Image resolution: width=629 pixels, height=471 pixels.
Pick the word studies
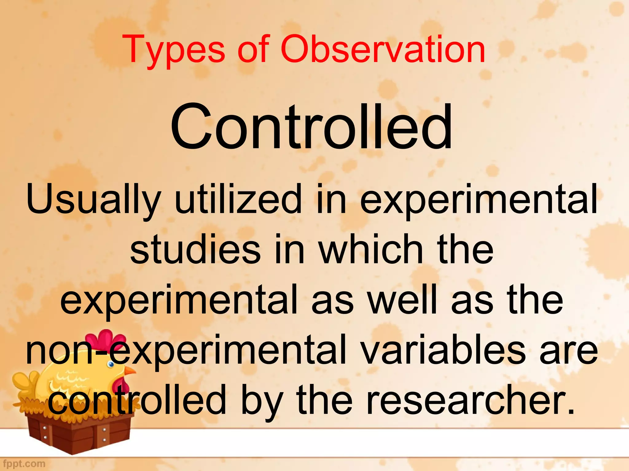pos(195,249)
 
